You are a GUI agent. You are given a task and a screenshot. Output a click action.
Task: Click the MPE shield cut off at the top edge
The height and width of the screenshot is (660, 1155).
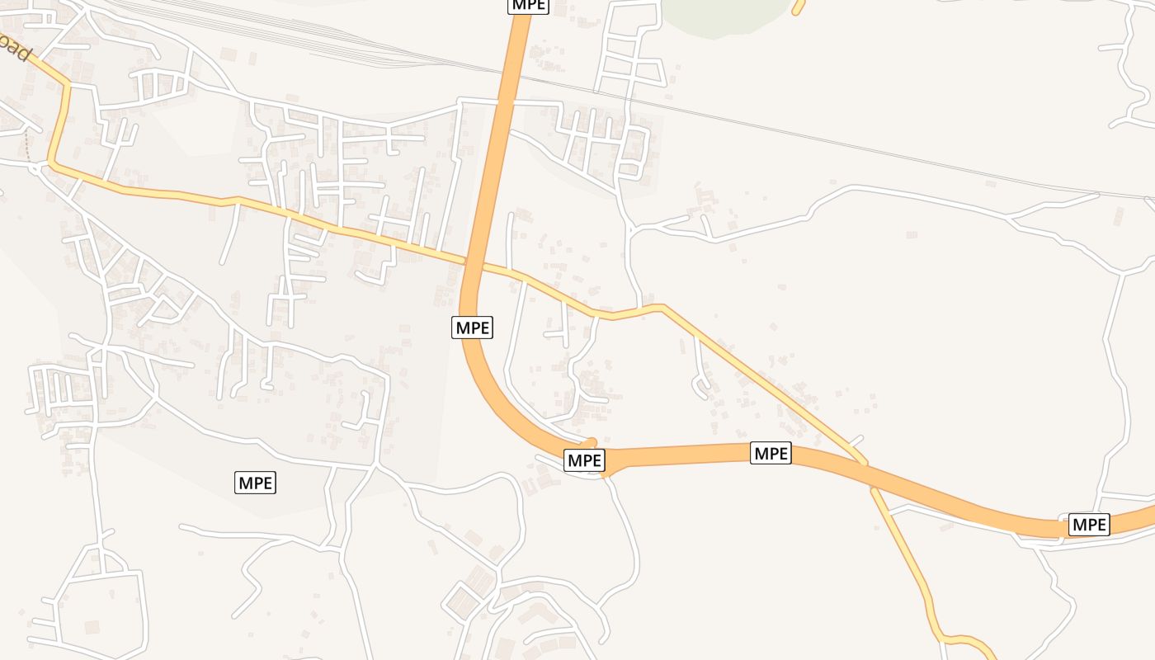coord(528,5)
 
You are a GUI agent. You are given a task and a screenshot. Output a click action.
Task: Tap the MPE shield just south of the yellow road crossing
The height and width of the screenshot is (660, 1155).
coord(473,328)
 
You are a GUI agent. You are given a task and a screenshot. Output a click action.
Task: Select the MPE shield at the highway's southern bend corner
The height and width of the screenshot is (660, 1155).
coord(584,460)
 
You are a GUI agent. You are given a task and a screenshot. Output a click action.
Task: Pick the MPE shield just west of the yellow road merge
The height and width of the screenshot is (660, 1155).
coord(771,453)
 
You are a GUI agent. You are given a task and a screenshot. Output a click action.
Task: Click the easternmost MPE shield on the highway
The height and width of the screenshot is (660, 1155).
coord(1089,524)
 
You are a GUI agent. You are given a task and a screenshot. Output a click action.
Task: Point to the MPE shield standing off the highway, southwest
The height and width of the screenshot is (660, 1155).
coord(255,483)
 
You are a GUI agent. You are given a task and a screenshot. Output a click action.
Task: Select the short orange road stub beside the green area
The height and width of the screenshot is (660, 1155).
coord(798,7)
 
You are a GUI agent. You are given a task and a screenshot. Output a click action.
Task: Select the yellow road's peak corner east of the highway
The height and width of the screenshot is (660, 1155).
coord(660,307)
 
